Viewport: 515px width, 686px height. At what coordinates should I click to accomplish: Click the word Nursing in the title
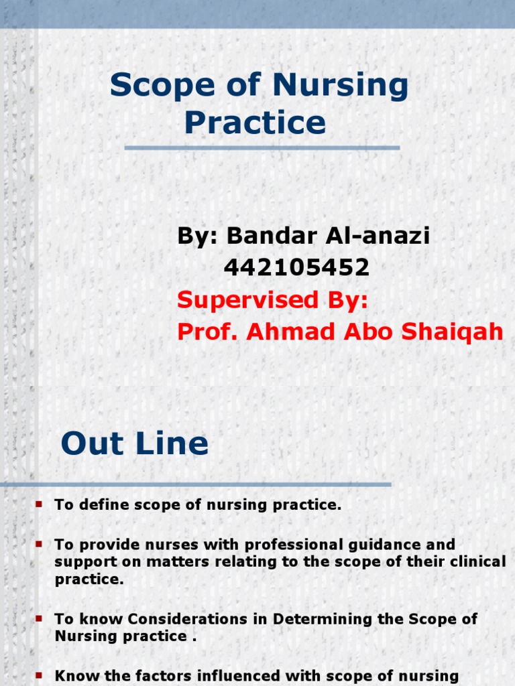click(x=341, y=86)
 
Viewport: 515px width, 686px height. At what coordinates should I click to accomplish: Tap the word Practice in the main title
click(x=255, y=123)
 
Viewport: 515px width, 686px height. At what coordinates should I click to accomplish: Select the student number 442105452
click(x=296, y=268)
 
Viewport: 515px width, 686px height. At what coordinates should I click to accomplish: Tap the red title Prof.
click(x=207, y=331)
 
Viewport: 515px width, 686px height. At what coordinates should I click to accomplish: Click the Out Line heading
click(x=134, y=443)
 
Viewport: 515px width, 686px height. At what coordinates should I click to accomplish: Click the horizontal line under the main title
click(x=262, y=147)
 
